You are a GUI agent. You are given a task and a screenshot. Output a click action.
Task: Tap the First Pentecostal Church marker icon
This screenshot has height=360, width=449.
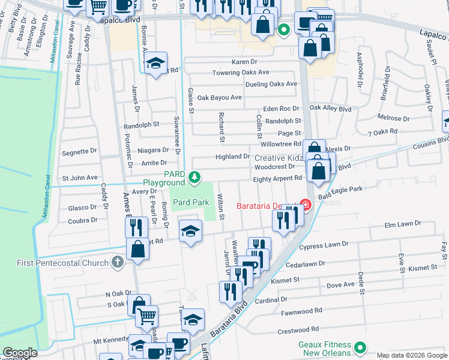118,262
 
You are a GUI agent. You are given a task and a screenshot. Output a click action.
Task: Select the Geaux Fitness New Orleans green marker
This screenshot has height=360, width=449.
360,347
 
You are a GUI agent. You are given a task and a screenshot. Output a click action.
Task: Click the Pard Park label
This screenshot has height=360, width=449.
191,203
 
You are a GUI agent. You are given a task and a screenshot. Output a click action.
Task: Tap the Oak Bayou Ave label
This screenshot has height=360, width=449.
219,97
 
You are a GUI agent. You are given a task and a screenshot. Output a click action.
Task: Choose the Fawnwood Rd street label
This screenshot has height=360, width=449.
302,311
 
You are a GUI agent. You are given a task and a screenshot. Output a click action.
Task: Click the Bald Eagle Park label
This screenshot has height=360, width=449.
343,190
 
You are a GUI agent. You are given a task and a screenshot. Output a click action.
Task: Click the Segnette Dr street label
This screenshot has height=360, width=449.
79,151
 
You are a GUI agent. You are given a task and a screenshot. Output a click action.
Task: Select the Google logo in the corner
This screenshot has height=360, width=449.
20,353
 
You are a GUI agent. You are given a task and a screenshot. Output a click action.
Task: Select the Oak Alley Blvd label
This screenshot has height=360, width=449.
330,109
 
